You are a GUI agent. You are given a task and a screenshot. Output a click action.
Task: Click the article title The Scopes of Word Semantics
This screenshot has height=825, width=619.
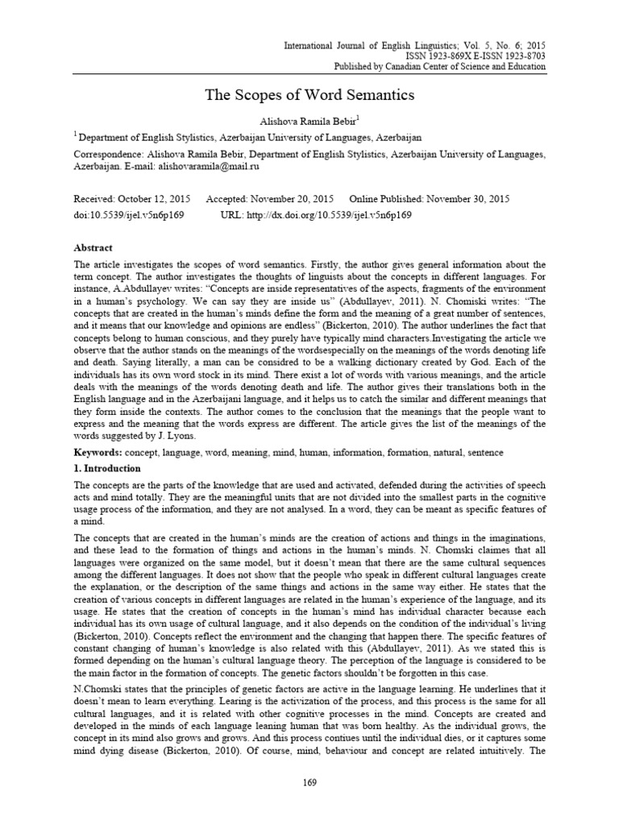coord(309,96)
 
